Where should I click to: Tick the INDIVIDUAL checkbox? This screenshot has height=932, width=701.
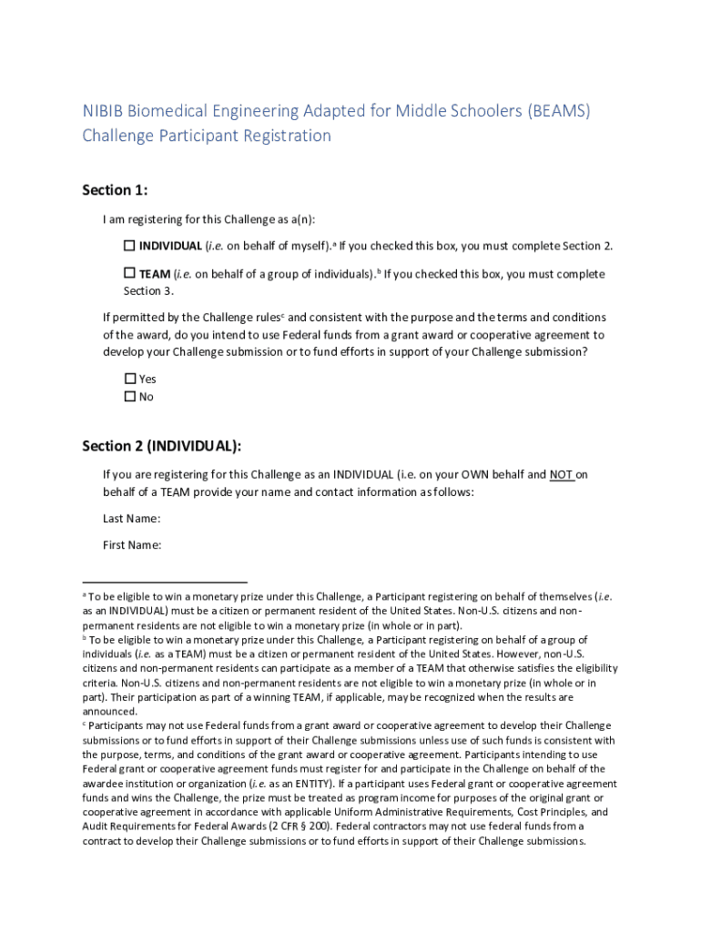point(129,246)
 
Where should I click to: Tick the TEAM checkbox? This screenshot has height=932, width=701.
point(129,273)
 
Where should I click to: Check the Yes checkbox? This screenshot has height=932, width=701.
point(130,379)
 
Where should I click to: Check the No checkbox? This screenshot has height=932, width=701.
point(130,397)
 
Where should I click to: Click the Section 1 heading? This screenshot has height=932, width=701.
point(115,190)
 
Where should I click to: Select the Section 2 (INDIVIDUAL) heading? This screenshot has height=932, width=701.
point(162,446)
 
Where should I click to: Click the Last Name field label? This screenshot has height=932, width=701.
point(132,519)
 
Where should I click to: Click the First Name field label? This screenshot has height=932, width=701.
point(132,545)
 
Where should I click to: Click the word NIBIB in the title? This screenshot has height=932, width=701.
point(103,111)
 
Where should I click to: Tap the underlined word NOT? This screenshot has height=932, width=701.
point(562,474)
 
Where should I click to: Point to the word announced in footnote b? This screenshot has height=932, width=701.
point(109,711)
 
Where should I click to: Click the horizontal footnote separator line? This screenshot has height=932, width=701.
point(165,581)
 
